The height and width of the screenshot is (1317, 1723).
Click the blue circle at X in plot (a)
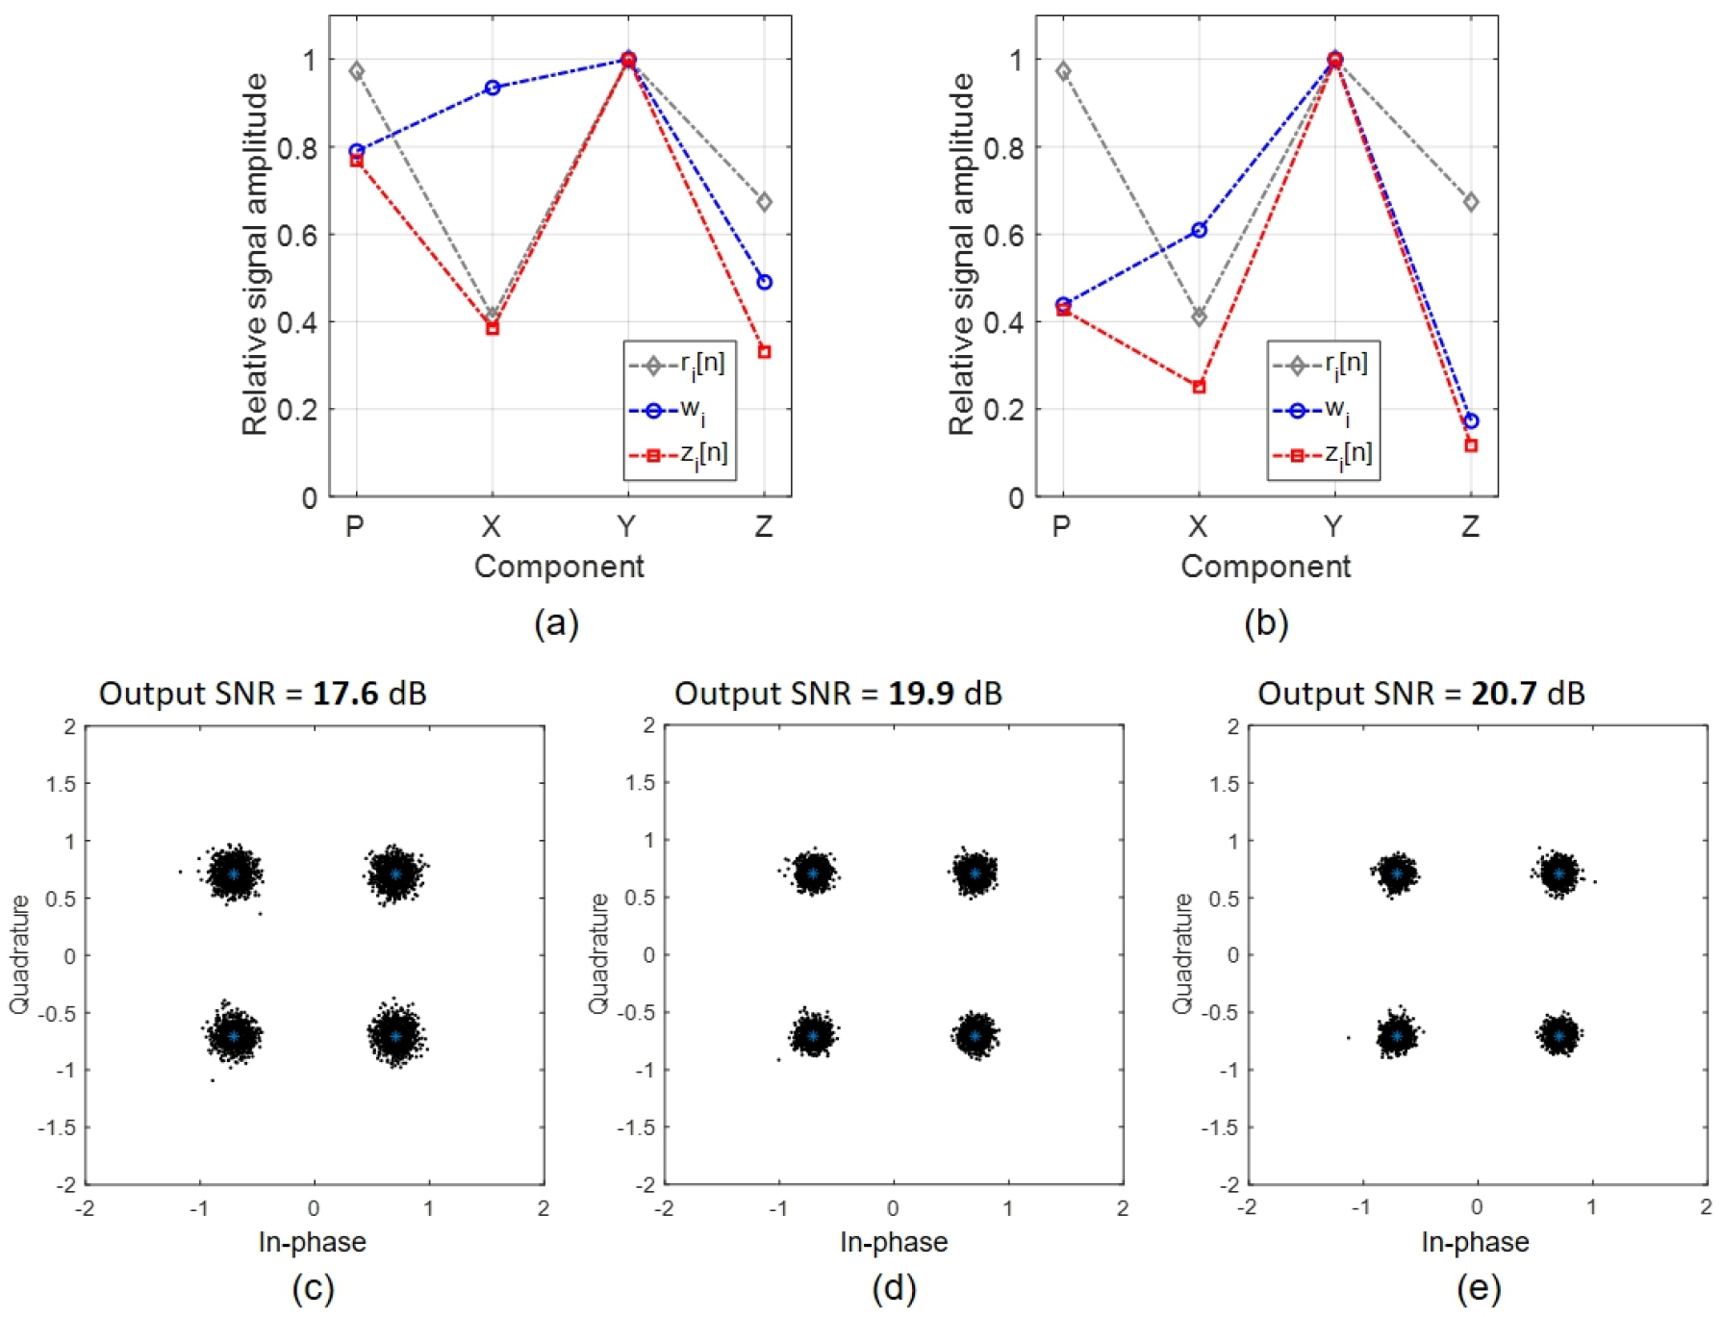493,88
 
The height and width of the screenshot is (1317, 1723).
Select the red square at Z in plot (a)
764,352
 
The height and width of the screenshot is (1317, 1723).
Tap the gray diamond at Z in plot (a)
764,202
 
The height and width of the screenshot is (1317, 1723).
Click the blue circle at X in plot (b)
1199,230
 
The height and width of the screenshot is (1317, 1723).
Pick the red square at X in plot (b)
1199,387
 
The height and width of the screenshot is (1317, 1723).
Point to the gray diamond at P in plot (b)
1063,71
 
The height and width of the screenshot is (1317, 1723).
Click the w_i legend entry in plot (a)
678,411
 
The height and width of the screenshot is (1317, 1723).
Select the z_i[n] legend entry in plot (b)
1324,455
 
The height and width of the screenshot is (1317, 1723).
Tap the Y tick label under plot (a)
627,526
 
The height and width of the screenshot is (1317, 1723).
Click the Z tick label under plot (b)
1470,526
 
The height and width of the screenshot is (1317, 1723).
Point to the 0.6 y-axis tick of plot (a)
297,235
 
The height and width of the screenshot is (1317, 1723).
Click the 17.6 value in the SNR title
345,693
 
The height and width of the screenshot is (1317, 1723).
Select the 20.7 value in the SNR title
1504,693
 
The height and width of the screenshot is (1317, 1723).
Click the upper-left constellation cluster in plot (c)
234,874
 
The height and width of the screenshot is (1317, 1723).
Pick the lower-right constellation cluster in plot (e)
1558,1035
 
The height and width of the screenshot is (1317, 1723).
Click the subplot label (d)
894,1288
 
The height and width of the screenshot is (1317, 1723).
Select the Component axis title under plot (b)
1265,567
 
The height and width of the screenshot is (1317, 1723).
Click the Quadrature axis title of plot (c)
19,954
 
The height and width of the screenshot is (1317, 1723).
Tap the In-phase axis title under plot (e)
1475,1242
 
